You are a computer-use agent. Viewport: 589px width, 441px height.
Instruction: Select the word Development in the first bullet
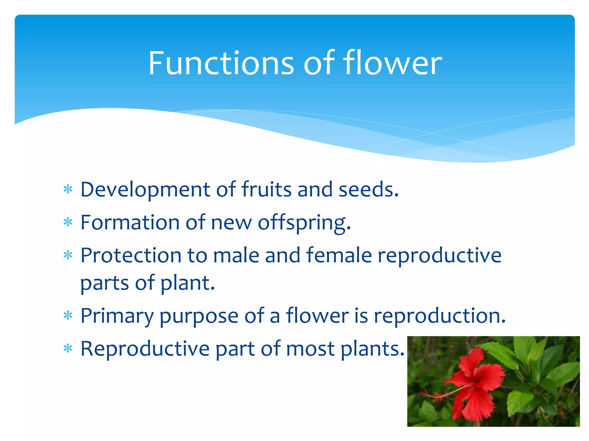(x=145, y=190)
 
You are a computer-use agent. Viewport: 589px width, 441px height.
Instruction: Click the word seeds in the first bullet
(x=369, y=190)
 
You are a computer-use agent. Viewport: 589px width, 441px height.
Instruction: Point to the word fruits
(x=266, y=190)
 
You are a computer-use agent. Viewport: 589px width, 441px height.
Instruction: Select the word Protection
(x=131, y=255)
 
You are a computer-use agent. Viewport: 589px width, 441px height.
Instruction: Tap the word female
(x=339, y=255)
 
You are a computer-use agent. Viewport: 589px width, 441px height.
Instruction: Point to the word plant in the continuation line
(x=187, y=283)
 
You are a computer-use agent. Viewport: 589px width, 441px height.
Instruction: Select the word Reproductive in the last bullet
(x=145, y=349)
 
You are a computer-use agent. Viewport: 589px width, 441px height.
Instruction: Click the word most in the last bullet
(x=310, y=349)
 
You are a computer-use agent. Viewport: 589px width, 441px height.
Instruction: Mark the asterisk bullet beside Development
(x=68, y=190)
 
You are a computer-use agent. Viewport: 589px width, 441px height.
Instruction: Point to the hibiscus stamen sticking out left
(x=431, y=395)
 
